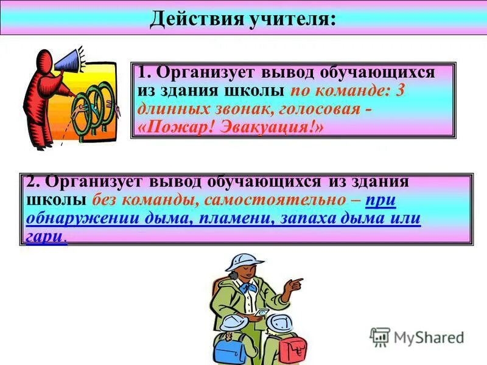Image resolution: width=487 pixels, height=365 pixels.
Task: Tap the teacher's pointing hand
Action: click(295, 283)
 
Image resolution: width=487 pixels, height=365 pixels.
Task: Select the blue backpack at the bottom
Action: click(231, 347)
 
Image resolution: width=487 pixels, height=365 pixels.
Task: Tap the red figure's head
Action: click(44, 60)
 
